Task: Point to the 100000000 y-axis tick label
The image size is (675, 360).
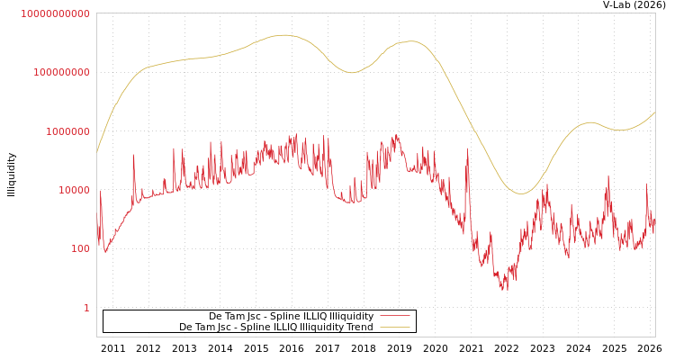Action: coord(61,72)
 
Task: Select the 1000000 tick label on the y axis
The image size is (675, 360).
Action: coord(67,131)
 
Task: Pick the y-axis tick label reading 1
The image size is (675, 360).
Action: coord(86,308)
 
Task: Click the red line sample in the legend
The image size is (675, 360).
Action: coord(394,316)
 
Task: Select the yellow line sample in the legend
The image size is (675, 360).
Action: coord(394,327)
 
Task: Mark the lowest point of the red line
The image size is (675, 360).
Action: coord(506,290)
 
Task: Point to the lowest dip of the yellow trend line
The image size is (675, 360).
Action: coord(520,193)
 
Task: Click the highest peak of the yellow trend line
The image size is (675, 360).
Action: coord(284,35)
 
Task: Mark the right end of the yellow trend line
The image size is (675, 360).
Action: coord(654,112)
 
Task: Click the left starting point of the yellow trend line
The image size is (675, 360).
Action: coord(97,151)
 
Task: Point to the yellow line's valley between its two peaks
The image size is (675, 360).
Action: coord(351,72)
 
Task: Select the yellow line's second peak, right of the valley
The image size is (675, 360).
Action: coord(411,40)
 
